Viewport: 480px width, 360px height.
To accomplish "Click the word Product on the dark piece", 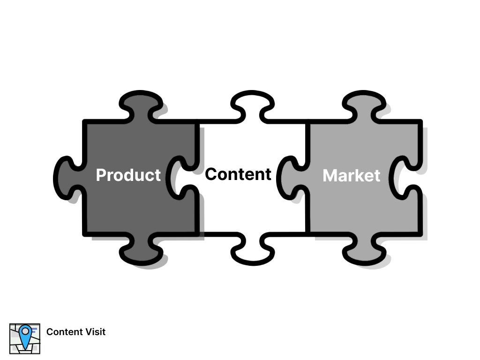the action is (x=128, y=175).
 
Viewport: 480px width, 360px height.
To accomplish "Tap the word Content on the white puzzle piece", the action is (x=238, y=174).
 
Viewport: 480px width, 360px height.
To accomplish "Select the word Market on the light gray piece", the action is (x=352, y=175).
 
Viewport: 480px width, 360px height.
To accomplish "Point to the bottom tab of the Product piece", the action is (x=140, y=248).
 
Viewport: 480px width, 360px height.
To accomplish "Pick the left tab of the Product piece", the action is (x=68, y=177).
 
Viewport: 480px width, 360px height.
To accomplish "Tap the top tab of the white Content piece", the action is (x=252, y=106).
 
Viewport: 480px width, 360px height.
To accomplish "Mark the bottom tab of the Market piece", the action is (x=363, y=248).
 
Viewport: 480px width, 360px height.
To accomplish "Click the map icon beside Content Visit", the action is (x=25, y=338).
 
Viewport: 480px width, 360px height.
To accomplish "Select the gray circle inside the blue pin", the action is (x=25, y=331).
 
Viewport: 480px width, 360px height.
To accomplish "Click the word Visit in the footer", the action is (x=96, y=332).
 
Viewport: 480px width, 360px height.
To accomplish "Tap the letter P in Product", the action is (x=101, y=175).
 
